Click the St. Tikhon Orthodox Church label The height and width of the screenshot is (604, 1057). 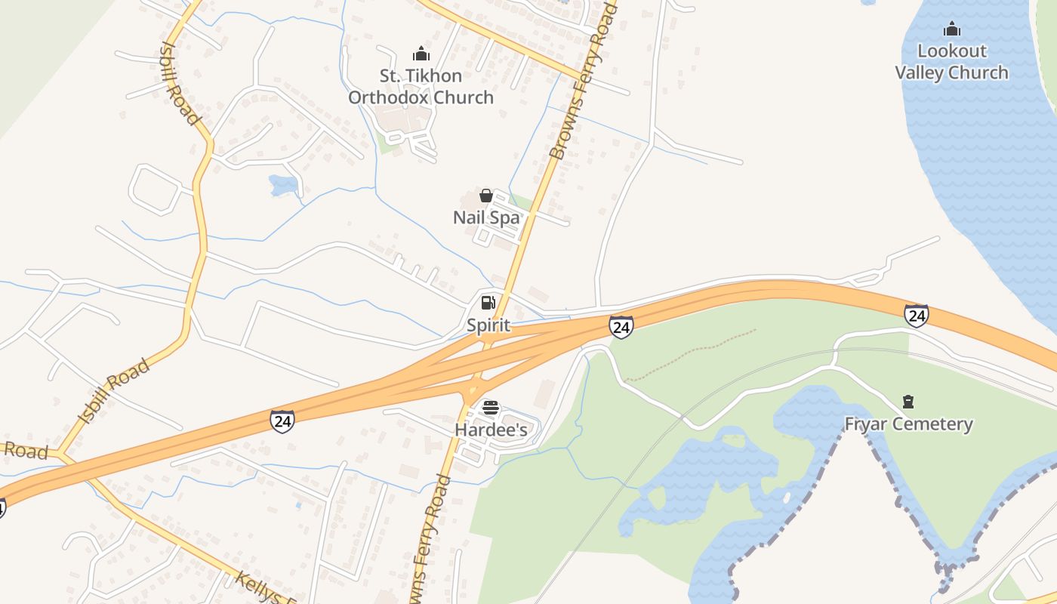(x=421, y=87)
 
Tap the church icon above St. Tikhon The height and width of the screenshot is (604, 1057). (x=421, y=54)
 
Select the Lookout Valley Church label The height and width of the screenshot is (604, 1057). (x=951, y=62)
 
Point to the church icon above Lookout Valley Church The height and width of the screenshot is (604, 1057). (x=952, y=29)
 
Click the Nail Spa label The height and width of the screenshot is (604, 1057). (x=486, y=217)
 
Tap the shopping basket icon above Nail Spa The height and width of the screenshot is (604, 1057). (x=486, y=196)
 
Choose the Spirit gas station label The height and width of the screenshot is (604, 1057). (x=488, y=325)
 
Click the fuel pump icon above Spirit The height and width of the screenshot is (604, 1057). (x=488, y=303)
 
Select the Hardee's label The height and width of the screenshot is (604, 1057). (x=490, y=429)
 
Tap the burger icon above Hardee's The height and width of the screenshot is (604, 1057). (x=490, y=408)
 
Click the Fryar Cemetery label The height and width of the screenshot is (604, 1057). (x=908, y=424)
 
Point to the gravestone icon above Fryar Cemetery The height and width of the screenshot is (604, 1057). (x=908, y=401)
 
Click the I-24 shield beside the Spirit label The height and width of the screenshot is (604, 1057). (x=621, y=326)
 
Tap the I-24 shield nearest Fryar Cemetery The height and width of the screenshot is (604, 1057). (x=916, y=315)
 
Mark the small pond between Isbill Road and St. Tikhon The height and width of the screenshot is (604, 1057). (x=284, y=184)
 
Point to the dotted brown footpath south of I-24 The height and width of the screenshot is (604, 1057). (x=691, y=353)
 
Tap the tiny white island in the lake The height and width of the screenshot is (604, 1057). (x=787, y=498)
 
